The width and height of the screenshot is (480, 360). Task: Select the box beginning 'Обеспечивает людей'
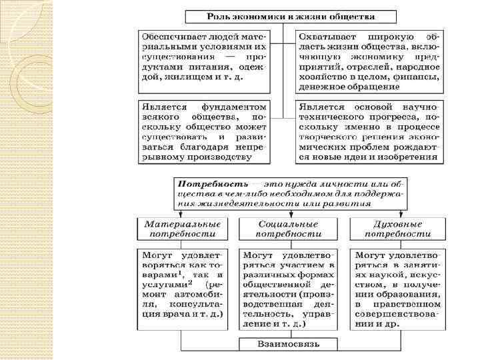(x=203, y=61)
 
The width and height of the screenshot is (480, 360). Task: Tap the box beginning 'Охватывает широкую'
(x=368, y=61)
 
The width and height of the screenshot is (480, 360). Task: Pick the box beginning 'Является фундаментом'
(x=203, y=131)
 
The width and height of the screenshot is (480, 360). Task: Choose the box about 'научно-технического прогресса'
(x=368, y=131)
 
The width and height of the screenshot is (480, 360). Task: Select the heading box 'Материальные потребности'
(x=179, y=229)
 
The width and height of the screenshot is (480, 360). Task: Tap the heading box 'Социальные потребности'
(x=289, y=229)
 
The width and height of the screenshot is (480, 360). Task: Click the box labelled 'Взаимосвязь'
(x=289, y=344)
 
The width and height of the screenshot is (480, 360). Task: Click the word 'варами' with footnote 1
(x=158, y=274)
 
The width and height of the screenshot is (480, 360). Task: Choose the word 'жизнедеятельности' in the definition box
(x=236, y=205)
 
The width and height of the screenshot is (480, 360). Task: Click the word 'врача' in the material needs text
(x=176, y=313)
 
